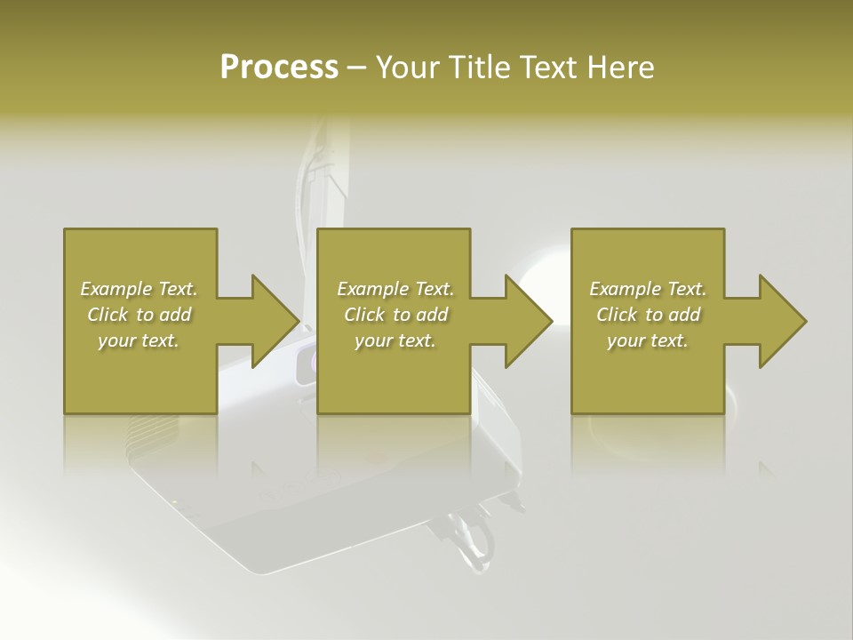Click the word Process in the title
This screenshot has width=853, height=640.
click(x=279, y=68)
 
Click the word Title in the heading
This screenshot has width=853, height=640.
click(x=478, y=68)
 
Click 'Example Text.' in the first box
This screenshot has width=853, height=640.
click(x=139, y=289)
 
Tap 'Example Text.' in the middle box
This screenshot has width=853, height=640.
click(x=395, y=289)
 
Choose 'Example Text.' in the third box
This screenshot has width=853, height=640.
click(x=648, y=289)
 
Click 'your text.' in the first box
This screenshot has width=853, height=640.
click(x=139, y=340)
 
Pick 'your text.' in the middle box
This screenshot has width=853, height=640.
click(x=395, y=340)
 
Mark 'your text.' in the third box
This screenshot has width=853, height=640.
click(x=648, y=340)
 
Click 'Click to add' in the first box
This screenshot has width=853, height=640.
click(x=139, y=315)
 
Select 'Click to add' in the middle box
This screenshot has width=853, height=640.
click(x=395, y=315)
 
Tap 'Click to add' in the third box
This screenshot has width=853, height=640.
click(x=648, y=315)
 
